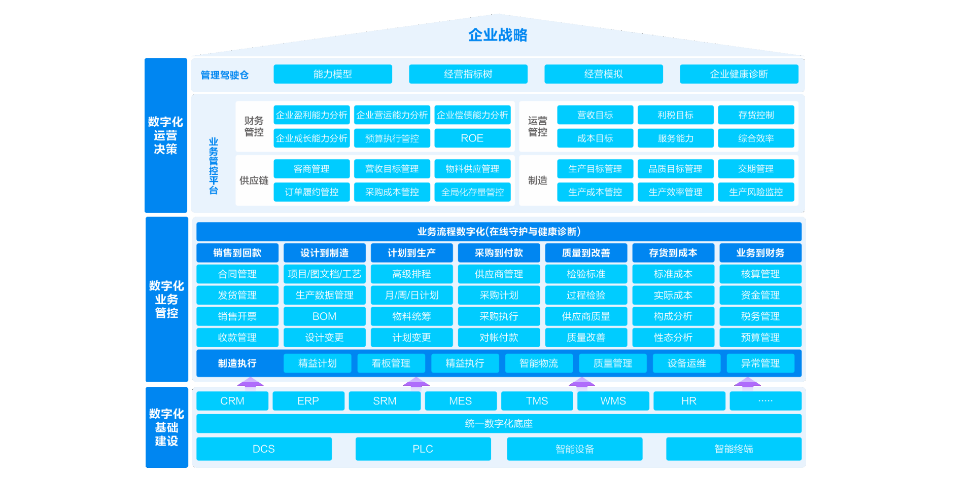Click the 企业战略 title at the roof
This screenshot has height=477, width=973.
498,35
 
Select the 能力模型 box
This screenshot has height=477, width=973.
332,74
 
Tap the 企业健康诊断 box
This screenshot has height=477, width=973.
739,74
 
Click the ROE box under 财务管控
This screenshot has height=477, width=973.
472,138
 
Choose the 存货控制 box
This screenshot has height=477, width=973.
756,115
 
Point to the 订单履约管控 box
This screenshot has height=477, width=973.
311,192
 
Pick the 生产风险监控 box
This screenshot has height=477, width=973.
756,192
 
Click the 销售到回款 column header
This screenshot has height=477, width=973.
237,253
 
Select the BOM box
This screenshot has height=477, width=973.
324,316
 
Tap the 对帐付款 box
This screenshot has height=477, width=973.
499,338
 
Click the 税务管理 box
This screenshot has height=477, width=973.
760,316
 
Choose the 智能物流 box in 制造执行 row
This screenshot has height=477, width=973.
539,363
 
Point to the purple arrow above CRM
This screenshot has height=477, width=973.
250,382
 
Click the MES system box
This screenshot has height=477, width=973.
461,401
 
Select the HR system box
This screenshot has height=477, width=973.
689,401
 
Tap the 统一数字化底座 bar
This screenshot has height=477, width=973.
499,424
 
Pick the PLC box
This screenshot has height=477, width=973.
423,449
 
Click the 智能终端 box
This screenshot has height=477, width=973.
734,449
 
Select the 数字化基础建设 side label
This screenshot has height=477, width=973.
166,427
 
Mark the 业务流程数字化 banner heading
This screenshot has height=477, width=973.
499,232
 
